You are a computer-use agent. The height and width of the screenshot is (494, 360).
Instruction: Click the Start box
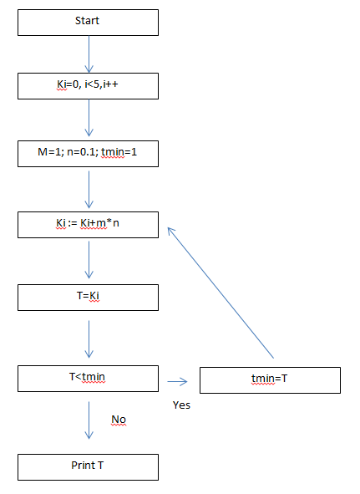tap(88, 23)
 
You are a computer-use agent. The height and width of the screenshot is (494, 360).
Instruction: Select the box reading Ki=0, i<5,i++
tap(88, 86)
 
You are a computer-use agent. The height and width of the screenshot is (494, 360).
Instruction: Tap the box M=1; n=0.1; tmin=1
tap(88, 154)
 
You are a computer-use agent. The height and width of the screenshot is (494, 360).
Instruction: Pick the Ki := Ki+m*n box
tap(88, 225)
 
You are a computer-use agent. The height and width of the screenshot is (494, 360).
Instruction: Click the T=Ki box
tap(88, 298)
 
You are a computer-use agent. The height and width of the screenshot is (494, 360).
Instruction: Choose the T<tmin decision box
tap(88, 379)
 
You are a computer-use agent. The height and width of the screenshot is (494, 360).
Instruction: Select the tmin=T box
tap(270, 380)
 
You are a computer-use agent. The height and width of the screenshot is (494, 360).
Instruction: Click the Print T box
tap(88, 467)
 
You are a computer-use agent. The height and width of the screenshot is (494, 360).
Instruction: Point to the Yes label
tap(181, 405)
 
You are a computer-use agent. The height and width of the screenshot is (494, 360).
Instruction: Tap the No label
tap(119, 420)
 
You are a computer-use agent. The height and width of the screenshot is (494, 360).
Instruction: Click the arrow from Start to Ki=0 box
tap(89, 54)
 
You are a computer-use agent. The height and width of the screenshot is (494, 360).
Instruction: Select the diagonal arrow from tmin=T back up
tap(221, 293)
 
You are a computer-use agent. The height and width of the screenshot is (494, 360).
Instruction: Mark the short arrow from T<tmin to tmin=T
tap(177, 381)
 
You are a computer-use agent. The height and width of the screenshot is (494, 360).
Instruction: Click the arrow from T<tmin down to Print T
tap(89, 420)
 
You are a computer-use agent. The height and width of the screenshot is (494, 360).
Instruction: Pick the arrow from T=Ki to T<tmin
tap(89, 339)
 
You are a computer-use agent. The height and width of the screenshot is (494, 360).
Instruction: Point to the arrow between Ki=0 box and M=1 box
tap(89, 118)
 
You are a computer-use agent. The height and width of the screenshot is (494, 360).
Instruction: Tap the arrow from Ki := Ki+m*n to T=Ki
tap(89, 260)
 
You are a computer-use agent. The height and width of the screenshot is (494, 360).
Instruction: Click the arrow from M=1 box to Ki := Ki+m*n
tap(89, 190)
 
